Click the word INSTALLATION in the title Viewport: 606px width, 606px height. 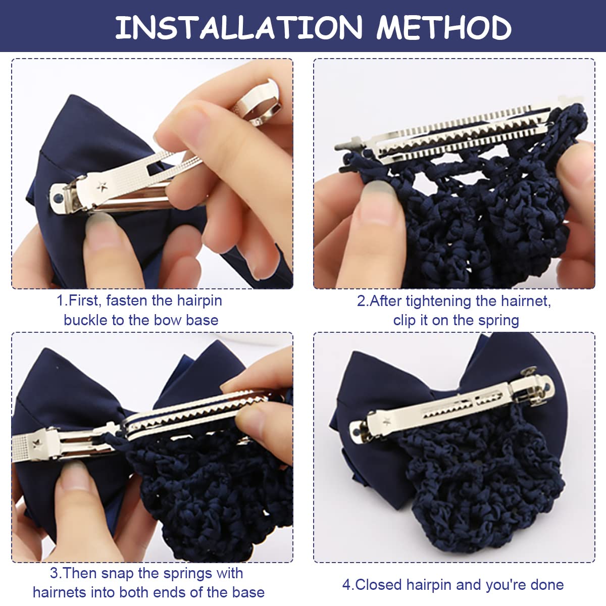pyautogui.click(x=239, y=28)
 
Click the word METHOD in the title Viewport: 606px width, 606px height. pyautogui.click(x=444, y=28)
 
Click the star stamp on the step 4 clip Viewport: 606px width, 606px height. pyautogui.click(x=386, y=420)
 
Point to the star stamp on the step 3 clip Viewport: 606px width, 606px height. pyautogui.click(x=37, y=444)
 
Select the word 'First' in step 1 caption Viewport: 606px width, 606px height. pyautogui.click(x=83, y=300)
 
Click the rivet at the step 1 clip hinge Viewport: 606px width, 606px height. pyautogui.click(x=59, y=197)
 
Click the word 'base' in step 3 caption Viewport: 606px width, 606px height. pyautogui.click(x=248, y=593)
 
